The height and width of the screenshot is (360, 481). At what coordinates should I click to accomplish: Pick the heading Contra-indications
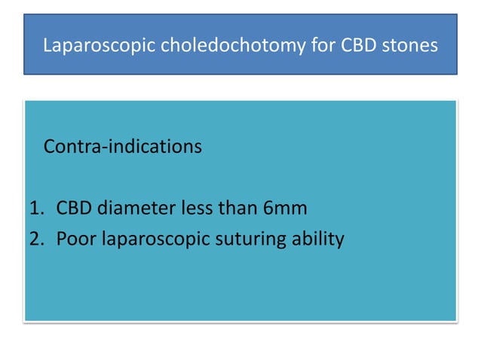(x=123, y=146)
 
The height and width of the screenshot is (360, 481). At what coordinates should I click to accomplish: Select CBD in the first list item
(x=74, y=208)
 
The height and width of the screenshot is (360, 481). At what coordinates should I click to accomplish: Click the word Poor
(x=74, y=239)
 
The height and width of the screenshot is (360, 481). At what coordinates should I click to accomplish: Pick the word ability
(x=319, y=240)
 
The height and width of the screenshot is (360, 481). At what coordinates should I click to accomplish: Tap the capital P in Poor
(x=61, y=239)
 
